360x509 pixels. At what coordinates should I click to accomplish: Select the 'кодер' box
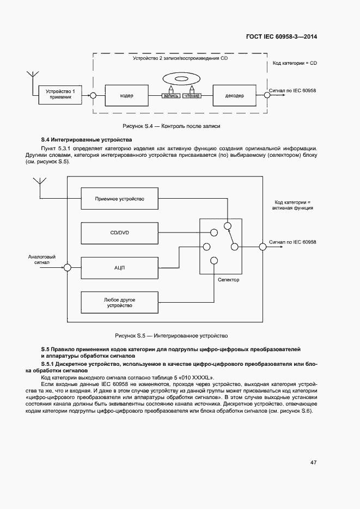[x=126, y=95]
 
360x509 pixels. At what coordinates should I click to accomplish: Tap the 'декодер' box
[x=234, y=95]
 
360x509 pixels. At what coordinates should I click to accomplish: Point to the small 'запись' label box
[x=171, y=96]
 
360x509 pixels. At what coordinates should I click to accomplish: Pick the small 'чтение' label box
[x=192, y=96]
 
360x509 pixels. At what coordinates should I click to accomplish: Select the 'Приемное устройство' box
[x=119, y=199]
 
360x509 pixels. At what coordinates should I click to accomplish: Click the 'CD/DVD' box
[x=119, y=233]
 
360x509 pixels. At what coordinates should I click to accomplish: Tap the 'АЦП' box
[x=119, y=267]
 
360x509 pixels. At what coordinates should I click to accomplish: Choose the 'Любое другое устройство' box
[x=119, y=302]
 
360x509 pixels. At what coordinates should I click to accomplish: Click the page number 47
[x=313, y=462]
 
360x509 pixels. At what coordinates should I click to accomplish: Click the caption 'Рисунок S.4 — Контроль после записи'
[x=172, y=126]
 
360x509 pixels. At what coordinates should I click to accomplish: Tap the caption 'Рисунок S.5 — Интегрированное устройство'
[x=171, y=336]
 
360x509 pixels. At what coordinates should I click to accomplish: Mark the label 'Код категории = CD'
[x=295, y=64]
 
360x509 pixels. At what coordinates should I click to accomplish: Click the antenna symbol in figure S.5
[x=39, y=183]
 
